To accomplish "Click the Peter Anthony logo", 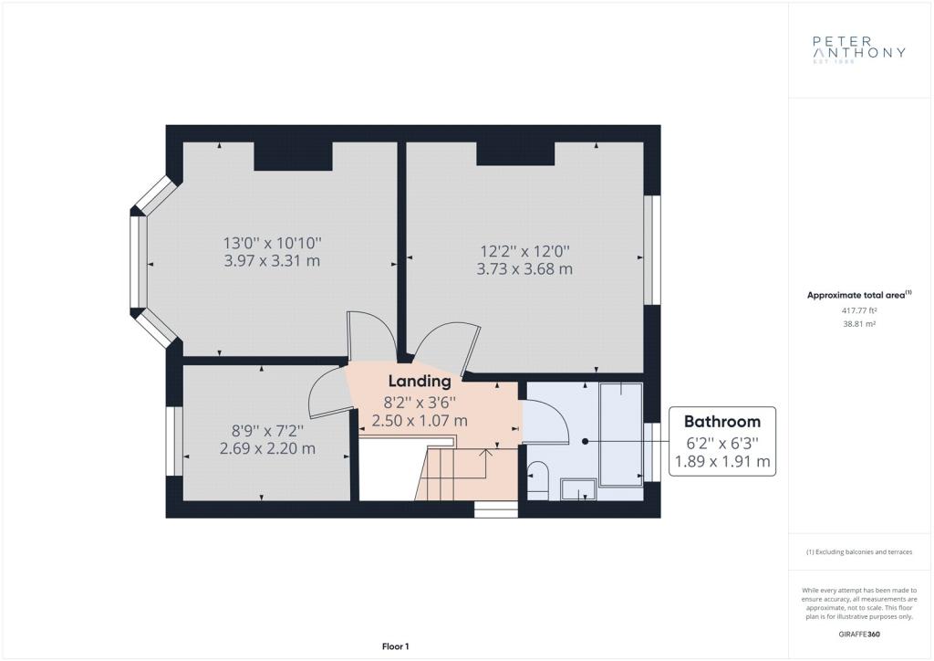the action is (x=859, y=49).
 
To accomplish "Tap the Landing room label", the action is (x=420, y=381).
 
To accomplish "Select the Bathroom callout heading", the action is (x=722, y=422).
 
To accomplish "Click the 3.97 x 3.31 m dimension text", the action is (x=272, y=260).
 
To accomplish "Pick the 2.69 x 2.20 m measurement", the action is (x=267, y=448).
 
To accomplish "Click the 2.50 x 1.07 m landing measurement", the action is (x=420, y=420).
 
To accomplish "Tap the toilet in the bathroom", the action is (x=538, y=480).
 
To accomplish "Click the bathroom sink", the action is (x=579, y=488).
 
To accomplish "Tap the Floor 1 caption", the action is (x=396, y=646).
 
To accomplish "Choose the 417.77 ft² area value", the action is (x=859, y=310).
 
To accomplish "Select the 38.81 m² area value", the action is (x=859, y=323).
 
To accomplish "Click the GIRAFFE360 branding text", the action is (x=859, y=635).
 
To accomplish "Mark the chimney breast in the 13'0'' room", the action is (x=293, y=156).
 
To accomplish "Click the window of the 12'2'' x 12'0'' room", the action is (x=652, y=250).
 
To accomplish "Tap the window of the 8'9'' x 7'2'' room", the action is (x=174, y=441).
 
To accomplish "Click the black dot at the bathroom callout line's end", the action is (x=586, y=441).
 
